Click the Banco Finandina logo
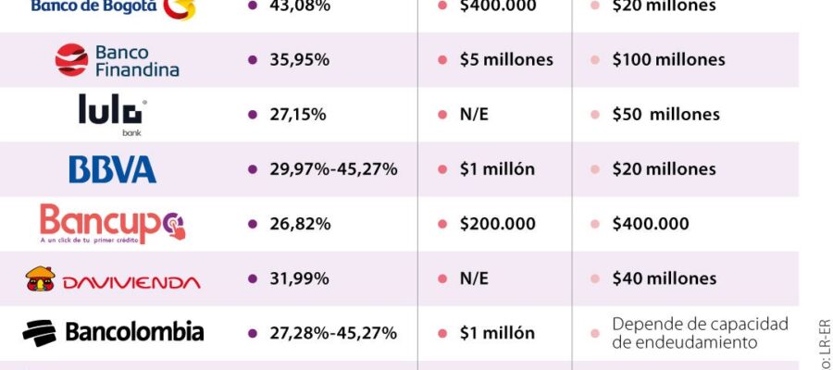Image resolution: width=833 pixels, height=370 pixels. coord(117,60)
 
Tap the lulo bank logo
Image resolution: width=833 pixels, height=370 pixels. coord(110,114)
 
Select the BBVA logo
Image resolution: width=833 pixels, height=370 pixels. coord(112,169)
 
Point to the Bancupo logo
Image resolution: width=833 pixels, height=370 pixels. coord(112,225)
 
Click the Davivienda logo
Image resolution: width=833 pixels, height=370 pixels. coord(112,279)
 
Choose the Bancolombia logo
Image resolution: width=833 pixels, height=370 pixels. coord(113,332)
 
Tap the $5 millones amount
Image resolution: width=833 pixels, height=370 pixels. coord(506,60)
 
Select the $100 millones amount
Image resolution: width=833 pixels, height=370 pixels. coord(669,60)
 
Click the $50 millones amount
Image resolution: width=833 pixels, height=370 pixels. coord(665,115)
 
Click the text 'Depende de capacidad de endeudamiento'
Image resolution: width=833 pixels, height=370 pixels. coord(700,333)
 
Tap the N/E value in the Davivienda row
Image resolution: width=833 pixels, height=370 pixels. coord(474,278)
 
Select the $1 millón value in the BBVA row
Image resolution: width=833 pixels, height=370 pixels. coord(497,169)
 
